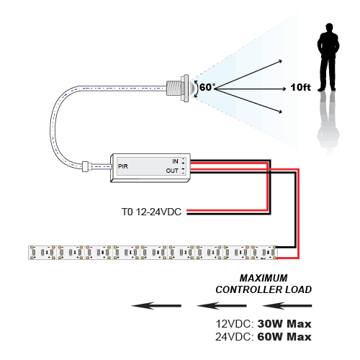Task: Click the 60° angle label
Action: pyautogui.click(x=207, y=87)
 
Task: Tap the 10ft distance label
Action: pyautogui.click(x=300, y=87)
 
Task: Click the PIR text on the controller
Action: pyautogui.click(x=123, y=166)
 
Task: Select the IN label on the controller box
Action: pyautogui.click(x=175, y=161)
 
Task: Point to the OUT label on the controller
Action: pyautogui.click(x=172, y=171)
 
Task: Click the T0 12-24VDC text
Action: pyautogui.click(x=151, y=212)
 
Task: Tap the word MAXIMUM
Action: pyautogui.click(x=264, y=278)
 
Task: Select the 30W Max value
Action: pyautogui.click(x=284, y=324)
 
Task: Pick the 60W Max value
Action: pyautogui.click(x=284, y=337)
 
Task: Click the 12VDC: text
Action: pyautogui.click(x=235, y=324)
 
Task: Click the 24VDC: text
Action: pyautogui.click(x=235, y=337)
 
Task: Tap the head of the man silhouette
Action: pyautogui.click(x=329, y=27)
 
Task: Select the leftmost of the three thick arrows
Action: pyautogui.click(x=156, y=305)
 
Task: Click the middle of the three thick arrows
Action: pyautogui.click(x=222, y=305)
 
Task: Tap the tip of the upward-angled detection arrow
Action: pyautogui.click(x=282, y=61)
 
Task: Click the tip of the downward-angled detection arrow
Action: pyautogui.click(x=282, y=112)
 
